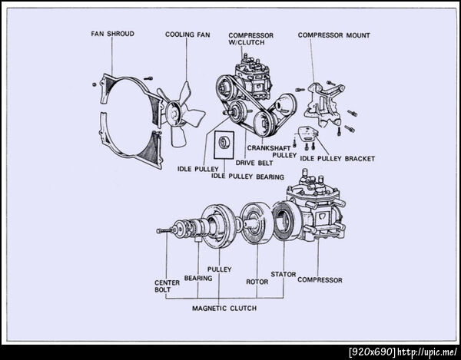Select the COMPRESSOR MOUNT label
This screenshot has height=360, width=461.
tap(333, 35)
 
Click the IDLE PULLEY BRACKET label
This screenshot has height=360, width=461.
tap(337, 159)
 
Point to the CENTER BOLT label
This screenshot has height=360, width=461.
tap(167, 286)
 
